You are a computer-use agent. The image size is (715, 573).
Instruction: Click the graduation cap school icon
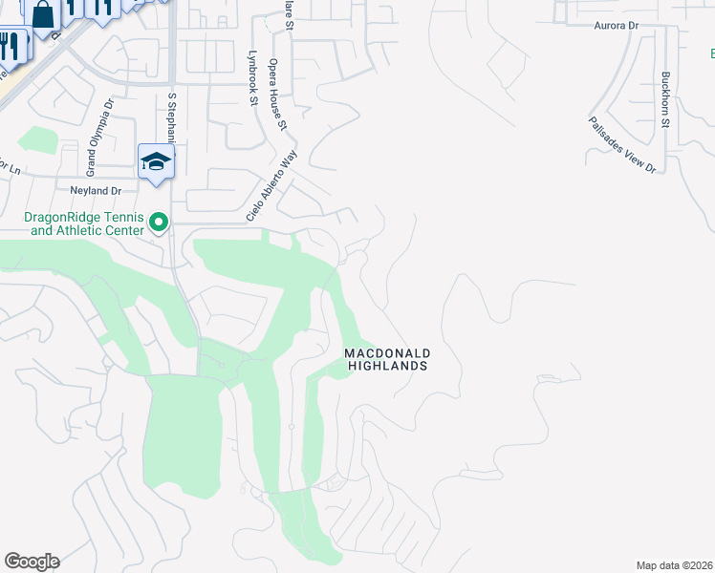point(156,161)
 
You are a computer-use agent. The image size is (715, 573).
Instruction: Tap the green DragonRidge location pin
point(159,224)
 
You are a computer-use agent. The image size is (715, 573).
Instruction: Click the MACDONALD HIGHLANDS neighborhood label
point(386,359)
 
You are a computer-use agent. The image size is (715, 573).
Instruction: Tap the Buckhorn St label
point(666,99)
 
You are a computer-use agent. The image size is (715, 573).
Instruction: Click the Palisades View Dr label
point(622,144)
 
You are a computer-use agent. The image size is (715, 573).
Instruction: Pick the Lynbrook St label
point(254,79)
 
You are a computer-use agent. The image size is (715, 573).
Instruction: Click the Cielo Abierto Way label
point(272,185)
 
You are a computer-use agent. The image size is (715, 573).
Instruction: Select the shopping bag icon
point(42,14)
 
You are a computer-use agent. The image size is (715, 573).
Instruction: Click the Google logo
point(32,562)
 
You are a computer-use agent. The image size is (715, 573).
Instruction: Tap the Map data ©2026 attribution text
point(675,565)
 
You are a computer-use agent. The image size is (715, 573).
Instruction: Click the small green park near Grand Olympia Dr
point(37,139)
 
